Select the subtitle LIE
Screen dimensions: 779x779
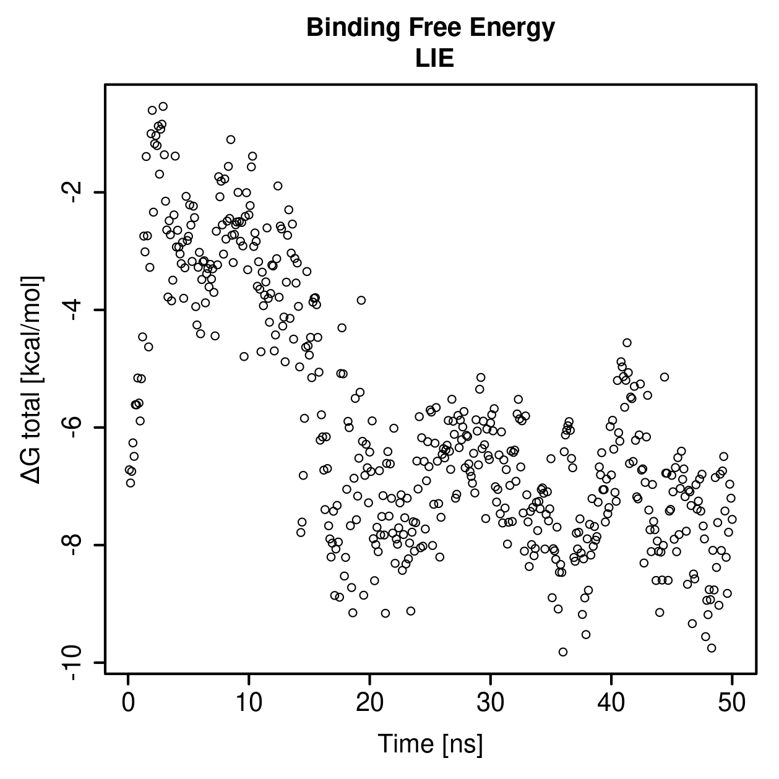[x=434, y=59]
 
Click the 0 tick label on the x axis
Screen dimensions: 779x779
[x=128, y=702]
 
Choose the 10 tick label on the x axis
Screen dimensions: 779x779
[x=249, y=702]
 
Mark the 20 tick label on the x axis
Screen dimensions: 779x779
[x=369, y=702]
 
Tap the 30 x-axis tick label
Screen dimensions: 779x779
[x=491, y=702]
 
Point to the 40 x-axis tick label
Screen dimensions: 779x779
[x=611, y=702]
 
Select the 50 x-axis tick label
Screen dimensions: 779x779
[x=732, y=702]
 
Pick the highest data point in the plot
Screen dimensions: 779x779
[x=163, y=106]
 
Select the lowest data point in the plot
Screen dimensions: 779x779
[x=562, y=652]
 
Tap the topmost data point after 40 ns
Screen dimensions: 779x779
[x=627, y=343]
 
